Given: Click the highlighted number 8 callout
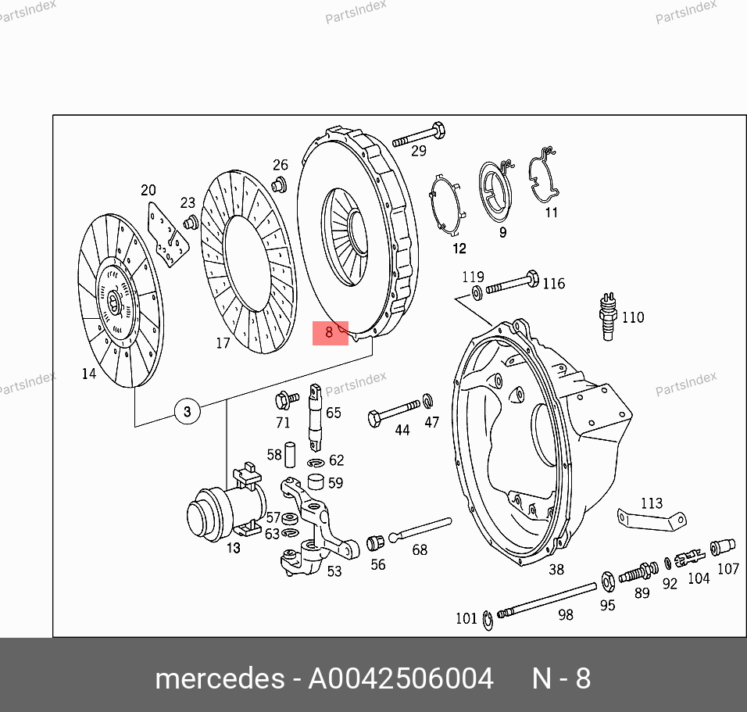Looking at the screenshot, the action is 331,333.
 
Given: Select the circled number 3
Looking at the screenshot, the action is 188,411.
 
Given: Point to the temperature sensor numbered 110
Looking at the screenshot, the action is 608,317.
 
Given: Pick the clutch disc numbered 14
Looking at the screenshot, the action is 120,300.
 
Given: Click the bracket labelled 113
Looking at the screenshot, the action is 652,520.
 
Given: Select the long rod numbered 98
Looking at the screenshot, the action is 546,599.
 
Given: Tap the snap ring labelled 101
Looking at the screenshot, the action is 488,621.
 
